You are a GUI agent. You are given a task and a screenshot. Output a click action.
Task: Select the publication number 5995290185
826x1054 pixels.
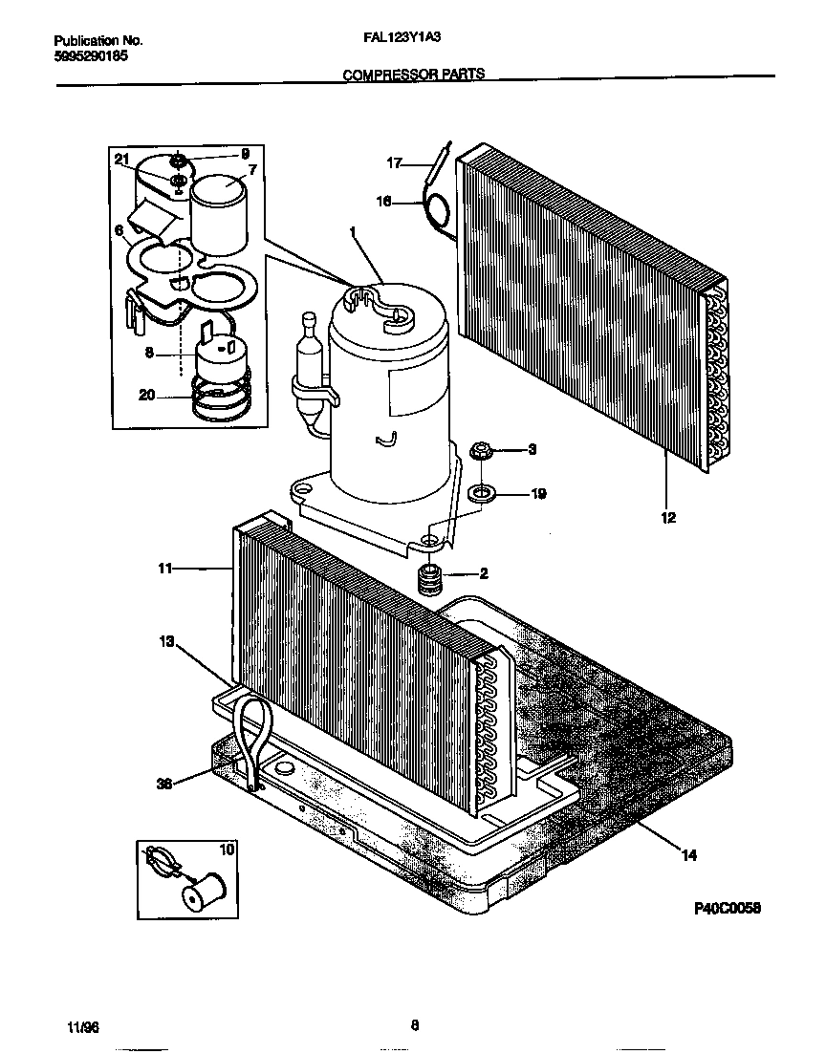[x=91, y=56]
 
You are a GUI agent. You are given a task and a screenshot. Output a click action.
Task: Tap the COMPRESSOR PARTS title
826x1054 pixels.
[x=413, y=74]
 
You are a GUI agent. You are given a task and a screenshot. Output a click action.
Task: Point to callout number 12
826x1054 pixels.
[x=667, y=518]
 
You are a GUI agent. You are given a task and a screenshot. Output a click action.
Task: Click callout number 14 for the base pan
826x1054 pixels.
[x=688, y=855]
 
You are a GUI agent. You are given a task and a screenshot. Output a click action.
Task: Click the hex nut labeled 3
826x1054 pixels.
[x=482, y=448]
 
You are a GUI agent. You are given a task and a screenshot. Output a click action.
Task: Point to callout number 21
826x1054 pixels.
[x=120, y=159]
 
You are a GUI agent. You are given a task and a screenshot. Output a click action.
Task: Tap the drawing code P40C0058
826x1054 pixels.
[x=727, y=909]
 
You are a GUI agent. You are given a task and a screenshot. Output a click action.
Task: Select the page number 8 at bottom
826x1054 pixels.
[x=414, y=1025]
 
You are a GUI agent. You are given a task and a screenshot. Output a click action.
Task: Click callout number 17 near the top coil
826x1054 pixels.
[x=394, y=162]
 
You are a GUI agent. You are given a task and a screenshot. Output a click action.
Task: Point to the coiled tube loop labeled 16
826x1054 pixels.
[x=439, y=212]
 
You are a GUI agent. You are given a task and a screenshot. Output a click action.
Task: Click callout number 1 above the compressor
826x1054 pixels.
[x=353, y=231]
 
